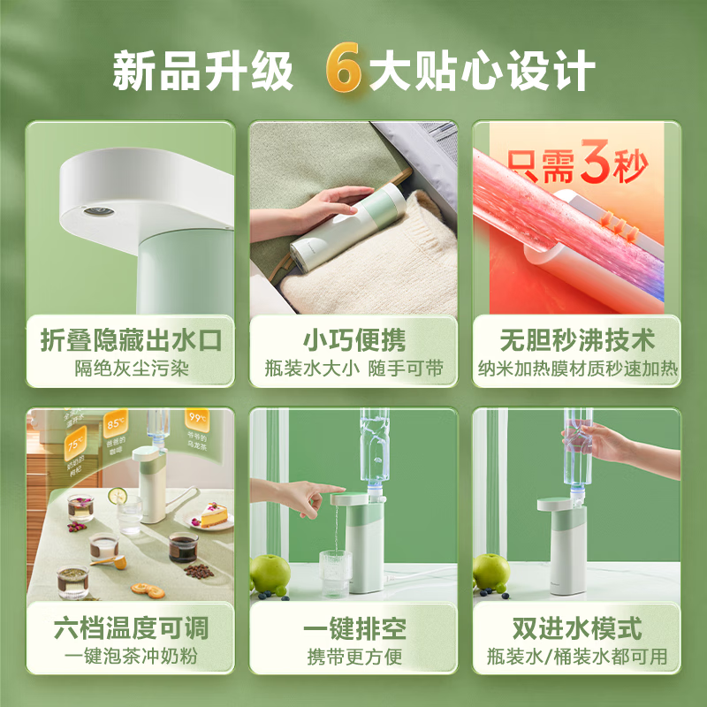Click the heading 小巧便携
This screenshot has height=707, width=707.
353,339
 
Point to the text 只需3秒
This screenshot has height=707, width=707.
577,165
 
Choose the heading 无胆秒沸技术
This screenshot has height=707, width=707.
576,339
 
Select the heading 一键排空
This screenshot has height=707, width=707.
353,628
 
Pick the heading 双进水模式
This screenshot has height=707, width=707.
576,628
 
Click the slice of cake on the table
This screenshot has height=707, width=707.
212,514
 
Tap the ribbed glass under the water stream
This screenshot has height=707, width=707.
334,567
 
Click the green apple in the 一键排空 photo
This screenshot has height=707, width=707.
270,574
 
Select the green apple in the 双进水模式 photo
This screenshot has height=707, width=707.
491,573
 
